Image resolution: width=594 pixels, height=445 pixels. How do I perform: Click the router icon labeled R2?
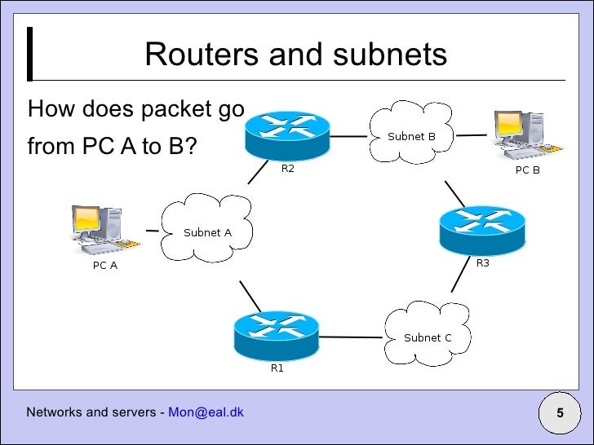pyautogui.click(x=287, y=134)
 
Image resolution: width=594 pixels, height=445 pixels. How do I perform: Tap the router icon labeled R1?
pyautogui.click(x=276, y=333)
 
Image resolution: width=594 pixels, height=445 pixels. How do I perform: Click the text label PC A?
pyautogui.click(x=104, y=266)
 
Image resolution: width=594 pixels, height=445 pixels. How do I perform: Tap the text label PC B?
pyautogui.click(x=527, y=171)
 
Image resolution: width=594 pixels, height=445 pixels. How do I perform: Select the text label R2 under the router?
pyautogui.click(x=287, y=169)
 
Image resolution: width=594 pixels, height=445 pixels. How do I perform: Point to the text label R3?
pyautogui.click(x=482, y=262)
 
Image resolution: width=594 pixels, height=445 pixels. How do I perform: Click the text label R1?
pyautogui.click(x=277, y=368)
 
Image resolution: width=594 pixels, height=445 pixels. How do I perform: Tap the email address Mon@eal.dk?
pyautogui.click(x=206, y=412)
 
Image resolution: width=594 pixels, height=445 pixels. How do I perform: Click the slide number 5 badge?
pyautogui.click(x=561, y=413)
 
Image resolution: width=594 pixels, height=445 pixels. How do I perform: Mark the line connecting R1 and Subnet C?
pyautogui.click(x=352, y=335)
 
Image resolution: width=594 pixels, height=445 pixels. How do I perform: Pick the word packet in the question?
pyautogui.click(x=168, y=108)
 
